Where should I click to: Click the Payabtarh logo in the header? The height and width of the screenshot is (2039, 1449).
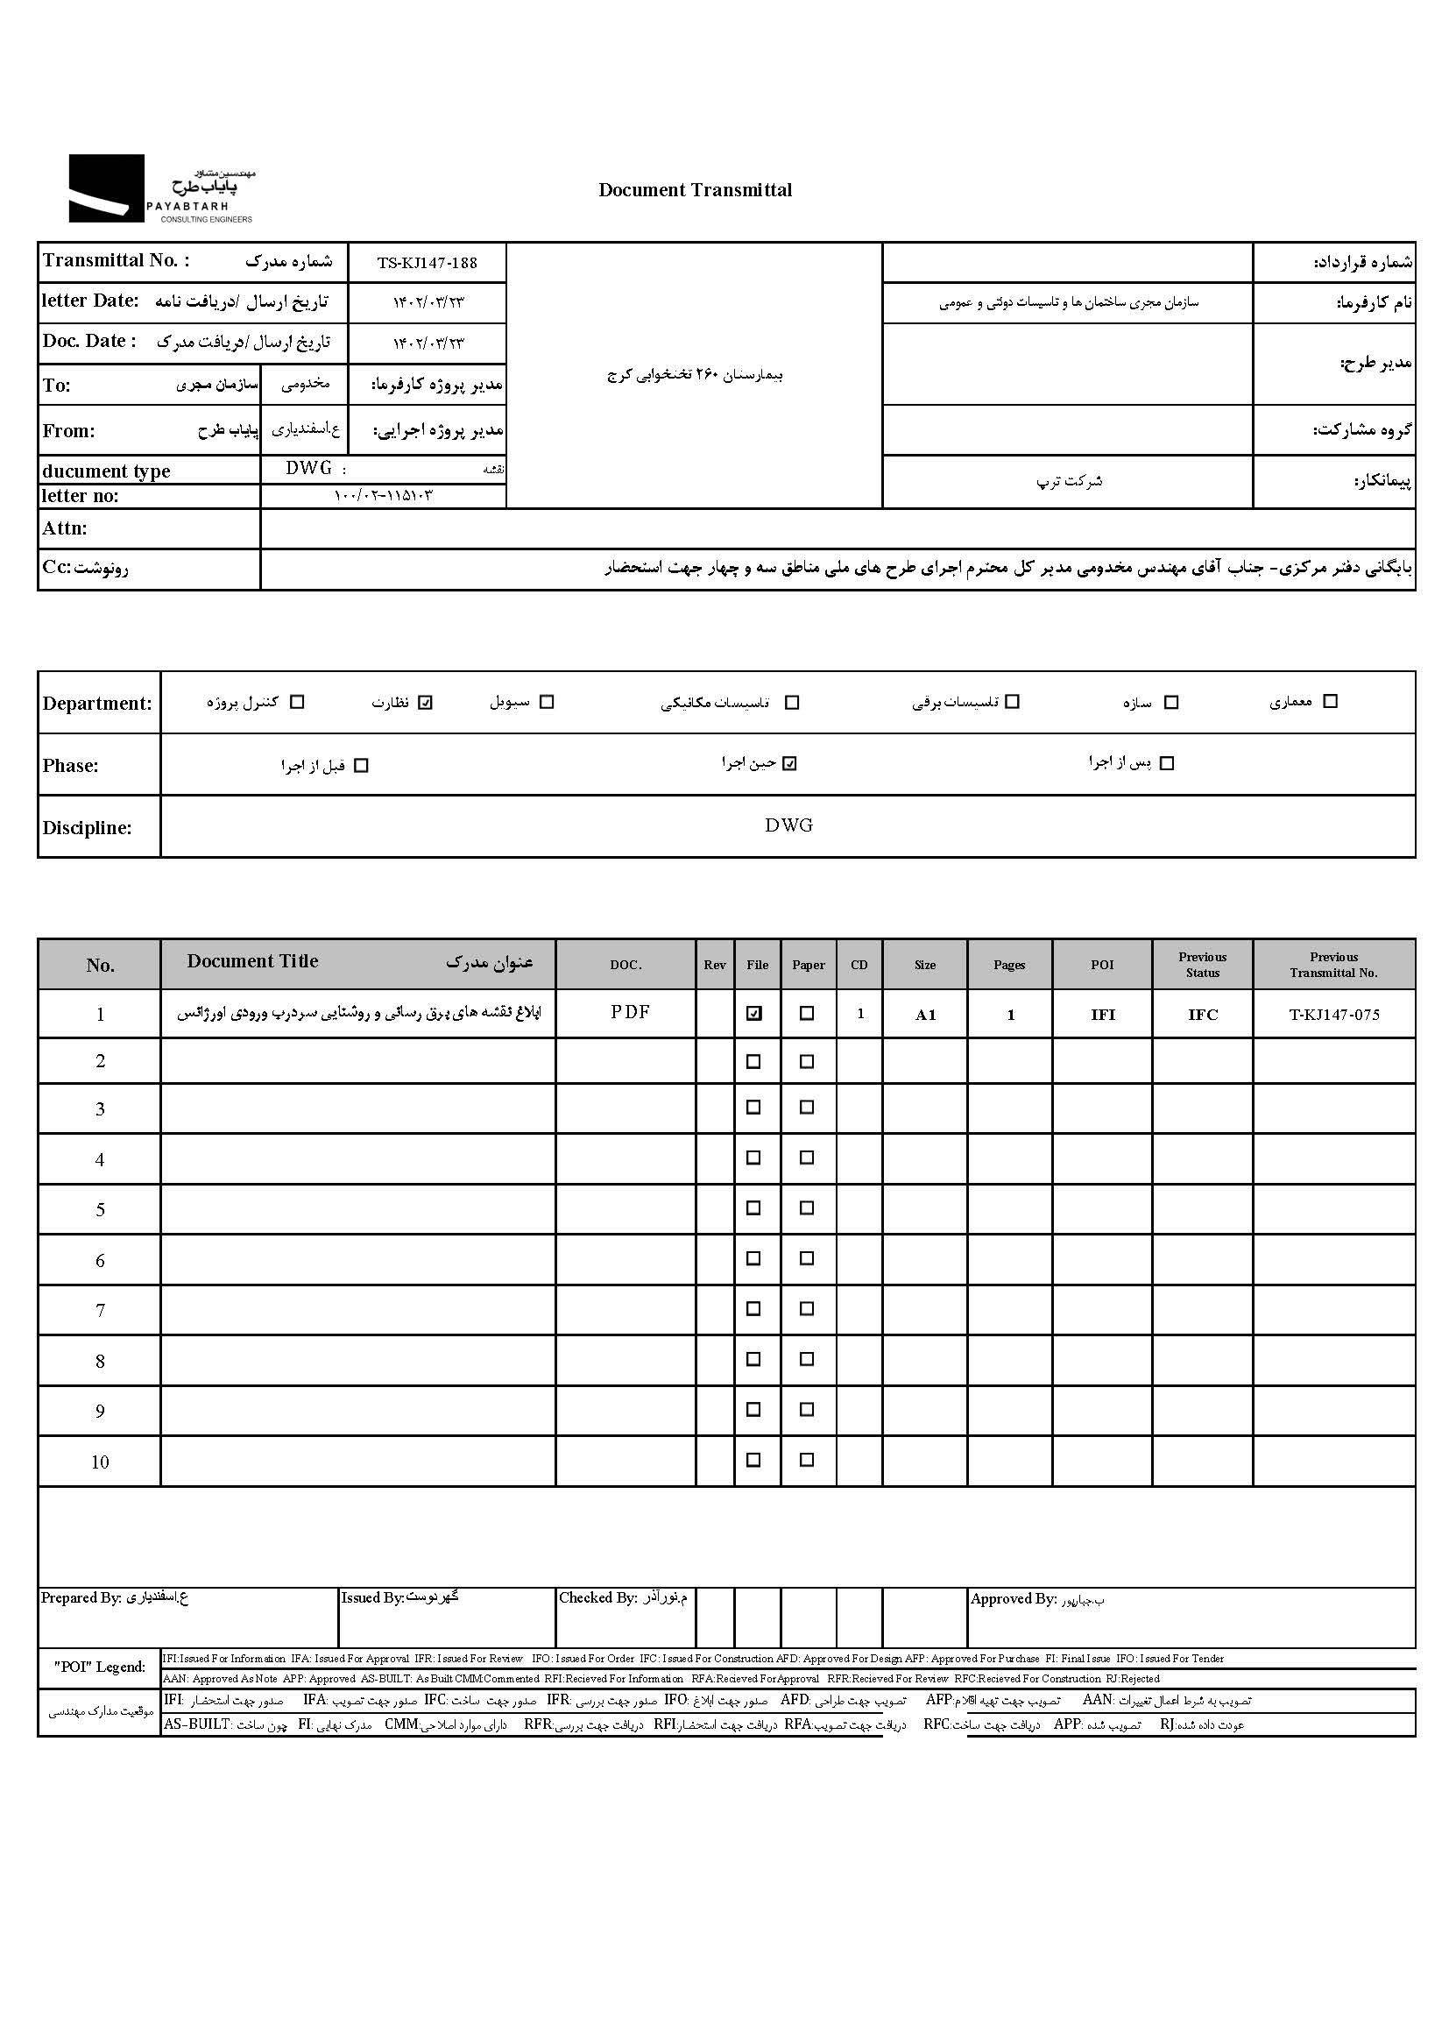click(x=161, y=188)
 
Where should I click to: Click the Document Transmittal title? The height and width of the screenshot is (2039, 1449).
click(x=695, y=190)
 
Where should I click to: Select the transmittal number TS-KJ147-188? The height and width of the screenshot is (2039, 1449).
click(x=427, y=263)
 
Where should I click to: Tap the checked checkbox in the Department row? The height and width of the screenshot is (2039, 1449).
click(x=426, y=702)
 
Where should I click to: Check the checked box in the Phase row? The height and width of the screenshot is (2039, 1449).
click(x=789, y=764)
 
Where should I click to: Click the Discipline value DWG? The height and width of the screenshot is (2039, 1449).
click(x=788, y=825)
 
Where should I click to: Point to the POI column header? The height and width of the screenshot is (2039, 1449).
click(x=1102, y=965)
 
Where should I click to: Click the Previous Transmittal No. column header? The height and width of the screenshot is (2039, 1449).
click(x=1333, y=965)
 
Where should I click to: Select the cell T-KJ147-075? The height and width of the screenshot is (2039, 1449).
click(x=1334, y=1015)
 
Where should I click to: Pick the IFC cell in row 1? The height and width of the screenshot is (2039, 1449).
click(x=1202, y=1015)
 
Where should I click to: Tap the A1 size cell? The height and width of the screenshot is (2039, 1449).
click(x=925, y=1015)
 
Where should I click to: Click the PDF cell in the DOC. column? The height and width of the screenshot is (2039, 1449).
click(x=630, y=1012)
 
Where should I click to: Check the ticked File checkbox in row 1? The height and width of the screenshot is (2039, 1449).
click(x=755, y=1014)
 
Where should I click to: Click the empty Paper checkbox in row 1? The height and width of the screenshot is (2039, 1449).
click(x=807, y=1014)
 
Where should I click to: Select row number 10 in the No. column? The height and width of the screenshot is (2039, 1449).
click(x=100, y=1462)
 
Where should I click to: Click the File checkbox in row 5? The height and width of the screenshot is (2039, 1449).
click(x=754, y=1208)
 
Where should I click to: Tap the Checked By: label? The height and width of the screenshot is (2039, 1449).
click(x=597, y=1598)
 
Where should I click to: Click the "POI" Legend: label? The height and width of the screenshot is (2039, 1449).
click(x=100, y=1667)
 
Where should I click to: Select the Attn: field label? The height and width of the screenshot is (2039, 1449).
click(x=65, y=528)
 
